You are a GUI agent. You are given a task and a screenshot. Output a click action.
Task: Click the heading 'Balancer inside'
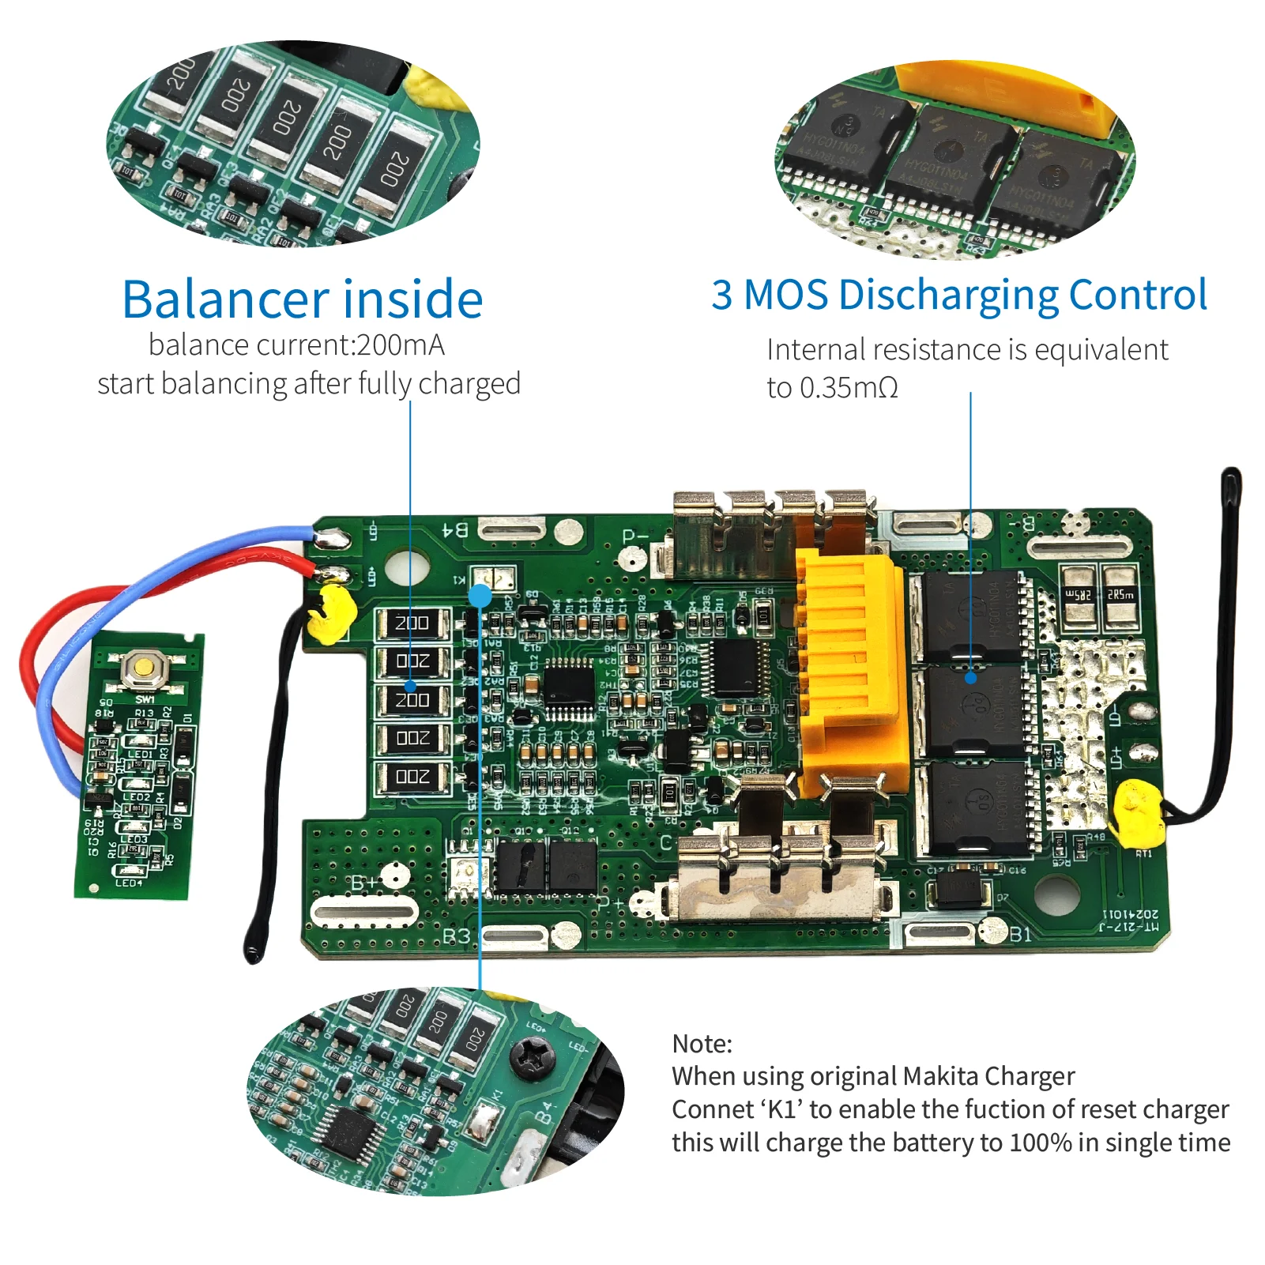tap(303, 299)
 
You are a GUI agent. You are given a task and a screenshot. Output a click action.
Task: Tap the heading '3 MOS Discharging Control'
tap(958, 295)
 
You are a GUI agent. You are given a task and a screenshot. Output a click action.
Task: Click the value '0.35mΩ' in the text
tap(849, 388)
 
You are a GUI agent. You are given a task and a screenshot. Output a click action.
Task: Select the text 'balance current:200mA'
tap(296, 345)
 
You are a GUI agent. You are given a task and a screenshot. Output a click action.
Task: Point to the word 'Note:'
tap(702, 1044)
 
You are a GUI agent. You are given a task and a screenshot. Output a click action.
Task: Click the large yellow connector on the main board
tap(850, 672)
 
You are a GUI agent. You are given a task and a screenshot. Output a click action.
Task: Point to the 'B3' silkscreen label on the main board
tap(456, 937)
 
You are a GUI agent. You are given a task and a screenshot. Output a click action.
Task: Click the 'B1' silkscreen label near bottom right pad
tap(1020, 935)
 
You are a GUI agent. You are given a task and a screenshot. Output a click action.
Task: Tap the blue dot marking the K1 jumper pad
tap(480, 595)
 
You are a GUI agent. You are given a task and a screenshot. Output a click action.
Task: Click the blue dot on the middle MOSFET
tap(971, 677)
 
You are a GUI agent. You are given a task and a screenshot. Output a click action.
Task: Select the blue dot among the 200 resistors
tap(411, 686)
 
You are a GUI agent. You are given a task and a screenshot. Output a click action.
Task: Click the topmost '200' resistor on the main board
tap(412, 623)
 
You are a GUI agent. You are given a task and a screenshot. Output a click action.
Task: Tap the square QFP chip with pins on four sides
tap(569, 687)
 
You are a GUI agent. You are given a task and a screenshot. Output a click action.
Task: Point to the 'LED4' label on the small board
tap(129, 883)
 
